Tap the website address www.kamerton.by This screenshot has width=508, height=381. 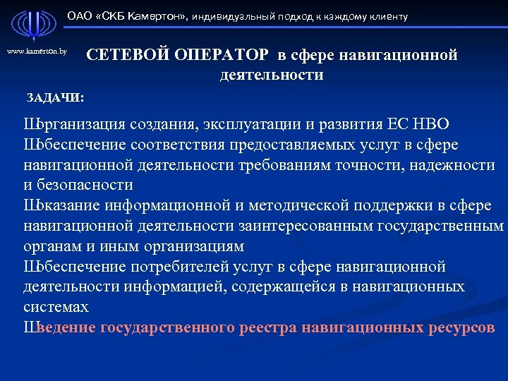coord(37,52)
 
